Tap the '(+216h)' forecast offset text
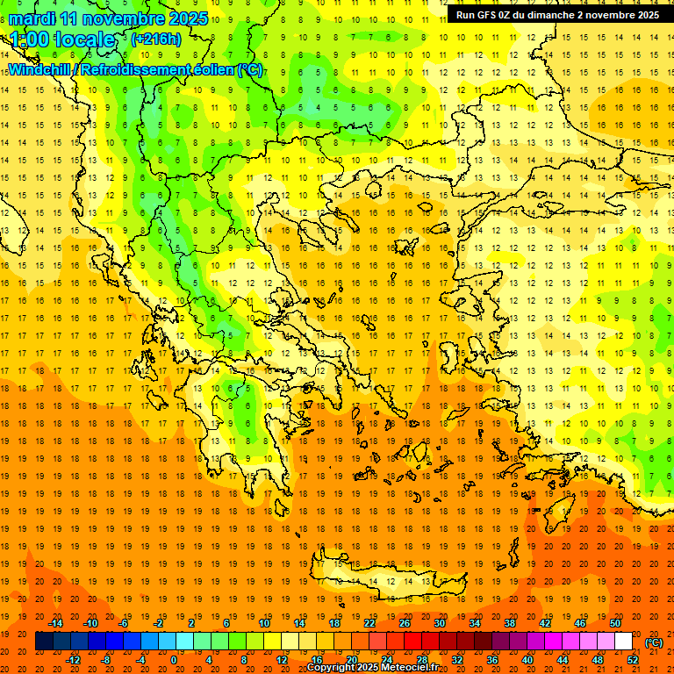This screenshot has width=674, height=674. point(155,39)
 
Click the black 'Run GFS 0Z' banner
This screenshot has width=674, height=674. point(557,15)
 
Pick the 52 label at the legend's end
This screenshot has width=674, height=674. point(633,660)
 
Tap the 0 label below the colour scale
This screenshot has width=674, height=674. point(175,660)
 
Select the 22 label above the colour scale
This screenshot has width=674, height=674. point(369,623)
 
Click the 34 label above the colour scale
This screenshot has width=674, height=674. point(475,623)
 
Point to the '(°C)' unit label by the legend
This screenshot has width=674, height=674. point(654,642)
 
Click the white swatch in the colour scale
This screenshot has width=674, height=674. point(624,642)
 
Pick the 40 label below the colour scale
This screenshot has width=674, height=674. point(527,660)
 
